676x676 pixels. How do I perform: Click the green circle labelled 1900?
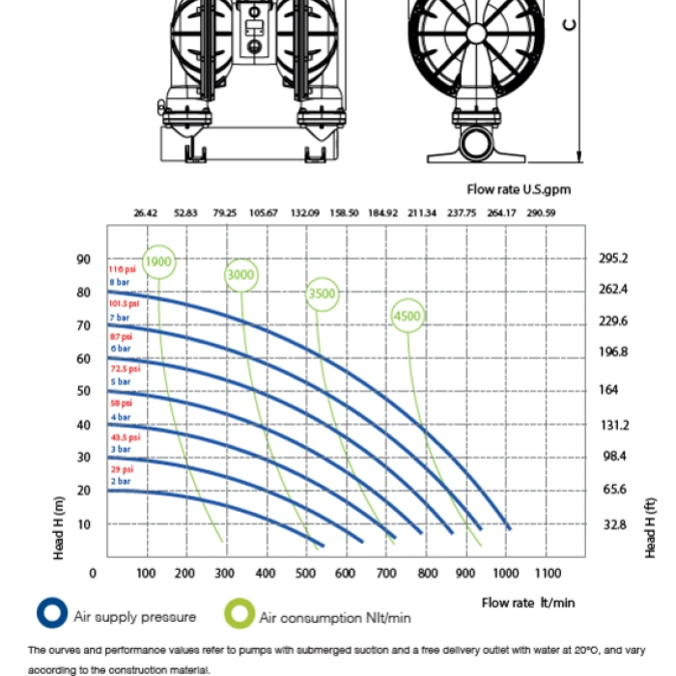(x=158, y=261)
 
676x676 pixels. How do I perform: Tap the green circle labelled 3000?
(x=240, y=275)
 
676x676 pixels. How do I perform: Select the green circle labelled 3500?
(x=323, y=294)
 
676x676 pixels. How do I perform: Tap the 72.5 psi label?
(x=125, y=368)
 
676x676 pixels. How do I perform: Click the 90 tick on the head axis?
(x=84, y=260)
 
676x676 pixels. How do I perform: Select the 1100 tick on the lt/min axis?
(x=547, y=574)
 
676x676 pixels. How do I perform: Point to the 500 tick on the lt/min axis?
(x=305, y=574)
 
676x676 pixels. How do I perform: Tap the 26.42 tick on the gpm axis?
(x=146, y=212)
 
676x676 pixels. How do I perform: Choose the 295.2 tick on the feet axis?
(x=614, y=259)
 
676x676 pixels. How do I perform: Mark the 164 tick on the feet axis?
(x=608, y=391)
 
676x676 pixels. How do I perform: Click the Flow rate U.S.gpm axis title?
(x=519, y=189)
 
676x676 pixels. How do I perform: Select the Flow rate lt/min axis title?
(x=528, y=603)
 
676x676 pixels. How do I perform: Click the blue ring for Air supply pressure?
(x=51, y=614)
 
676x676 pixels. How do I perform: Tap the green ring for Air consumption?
(x=239, y=615)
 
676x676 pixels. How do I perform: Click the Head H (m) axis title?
(x=59, y=526)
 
